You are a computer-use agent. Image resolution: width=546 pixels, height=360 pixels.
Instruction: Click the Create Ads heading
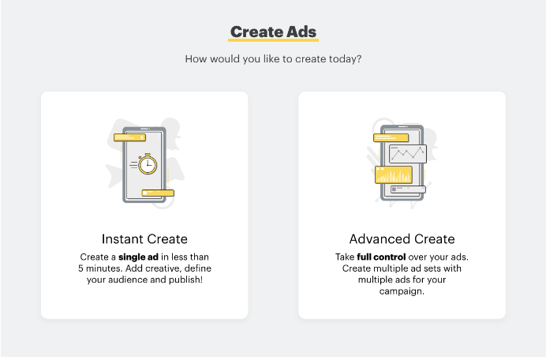(273, 32)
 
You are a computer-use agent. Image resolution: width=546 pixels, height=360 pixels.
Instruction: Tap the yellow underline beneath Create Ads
(273, 40)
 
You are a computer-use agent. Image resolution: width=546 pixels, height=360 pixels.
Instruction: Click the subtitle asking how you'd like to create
(273, 59)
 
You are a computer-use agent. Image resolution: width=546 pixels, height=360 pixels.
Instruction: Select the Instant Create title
(144, 239)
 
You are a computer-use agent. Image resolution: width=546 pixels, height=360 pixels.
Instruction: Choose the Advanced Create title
(402, 239)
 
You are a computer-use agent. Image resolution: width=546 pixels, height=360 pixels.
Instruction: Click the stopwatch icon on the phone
(148, 164)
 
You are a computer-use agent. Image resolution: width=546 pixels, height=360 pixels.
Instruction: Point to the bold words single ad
(138, 257)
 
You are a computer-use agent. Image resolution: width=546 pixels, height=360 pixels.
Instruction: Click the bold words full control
(381, 257)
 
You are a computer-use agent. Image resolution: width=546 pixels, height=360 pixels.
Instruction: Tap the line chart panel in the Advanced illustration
(408, 154)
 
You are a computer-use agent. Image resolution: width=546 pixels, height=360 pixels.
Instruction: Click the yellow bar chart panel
(394, 175)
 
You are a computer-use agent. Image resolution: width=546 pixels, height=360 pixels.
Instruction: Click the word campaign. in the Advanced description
(402, 291)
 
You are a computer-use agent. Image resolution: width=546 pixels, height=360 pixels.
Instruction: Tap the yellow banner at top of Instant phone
(129, 137)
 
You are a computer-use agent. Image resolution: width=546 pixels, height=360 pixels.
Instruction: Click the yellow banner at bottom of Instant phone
(158, 193)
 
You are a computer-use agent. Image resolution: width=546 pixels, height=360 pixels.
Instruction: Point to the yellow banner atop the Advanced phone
(391, 138)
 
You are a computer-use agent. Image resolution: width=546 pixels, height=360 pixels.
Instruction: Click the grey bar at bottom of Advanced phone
(408, 189)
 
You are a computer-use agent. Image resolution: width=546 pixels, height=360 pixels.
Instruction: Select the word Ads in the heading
(301, 32)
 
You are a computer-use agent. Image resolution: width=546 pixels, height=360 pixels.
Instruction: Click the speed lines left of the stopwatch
(134, 164)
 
